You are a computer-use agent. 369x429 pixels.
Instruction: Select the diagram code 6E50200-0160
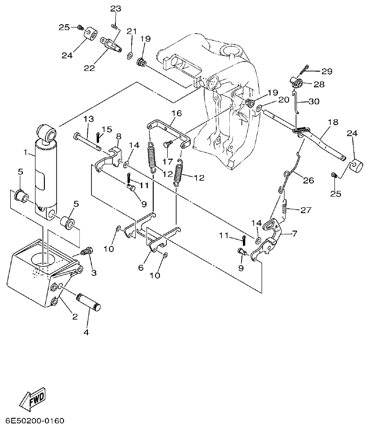[35, 421]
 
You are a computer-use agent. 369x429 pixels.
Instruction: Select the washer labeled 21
[128, 56]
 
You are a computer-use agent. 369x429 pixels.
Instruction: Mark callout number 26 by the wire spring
[308, 180]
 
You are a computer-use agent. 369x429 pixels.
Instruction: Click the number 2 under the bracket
[75, 317]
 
